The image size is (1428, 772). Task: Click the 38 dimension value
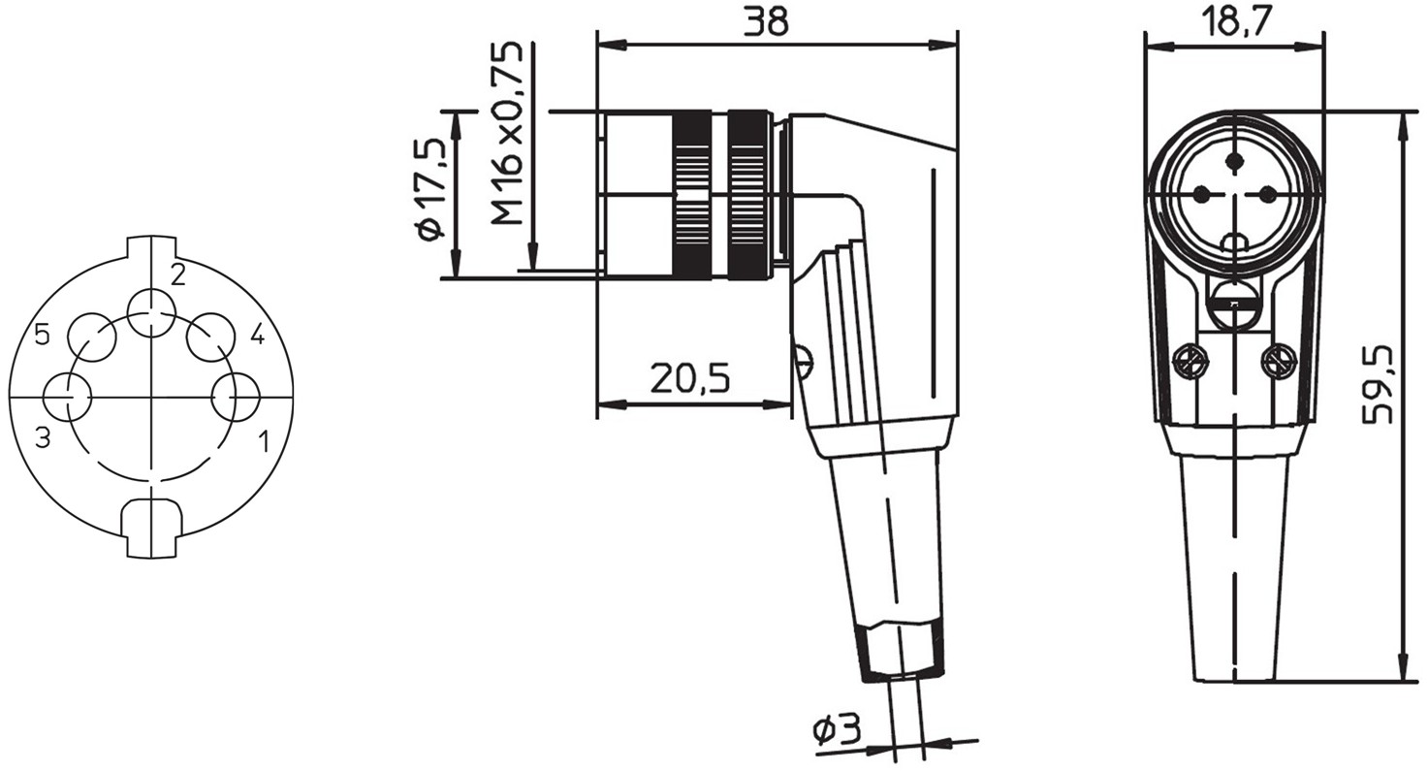click(x=766, y=21)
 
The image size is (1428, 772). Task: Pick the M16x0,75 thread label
click(x=507, y=133)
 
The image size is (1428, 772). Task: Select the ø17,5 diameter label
click(x=430, y=189)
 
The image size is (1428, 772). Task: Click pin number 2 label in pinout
click(x=177, y=275)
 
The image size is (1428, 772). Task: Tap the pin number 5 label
click(x=43, y=334)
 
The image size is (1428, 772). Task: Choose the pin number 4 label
click(x=258, y=334)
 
